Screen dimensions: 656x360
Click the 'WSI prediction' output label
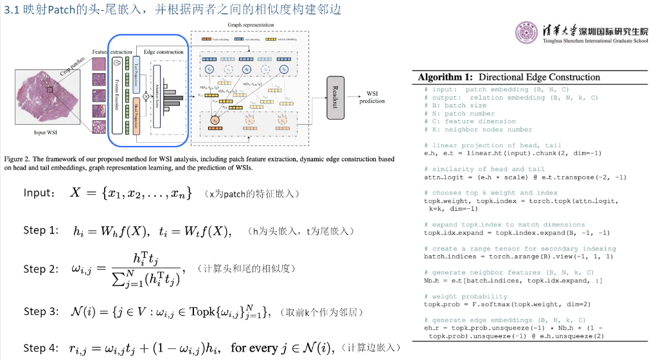tap(371, 97)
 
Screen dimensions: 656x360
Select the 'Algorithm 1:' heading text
tap(446, 77)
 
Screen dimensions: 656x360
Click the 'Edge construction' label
tap(163, 51)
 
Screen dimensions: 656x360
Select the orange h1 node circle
tap(215, 120)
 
